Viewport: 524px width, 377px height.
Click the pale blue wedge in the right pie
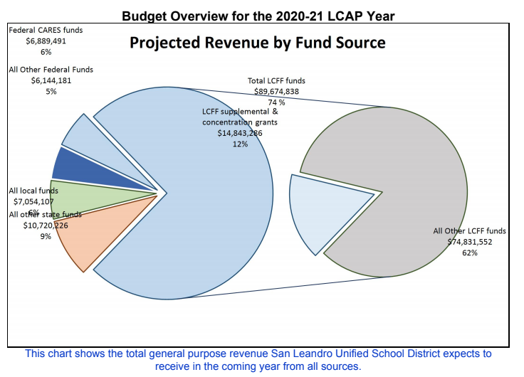coord(320,206)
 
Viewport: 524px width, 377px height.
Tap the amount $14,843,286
coord(240,133)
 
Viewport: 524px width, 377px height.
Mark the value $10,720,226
coord(46,225)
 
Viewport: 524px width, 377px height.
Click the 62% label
coord(469,253)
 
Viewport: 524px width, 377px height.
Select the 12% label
coord(239,144)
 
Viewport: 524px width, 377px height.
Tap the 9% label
coord(46,236)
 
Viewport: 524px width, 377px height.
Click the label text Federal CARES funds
coord(46,31)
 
